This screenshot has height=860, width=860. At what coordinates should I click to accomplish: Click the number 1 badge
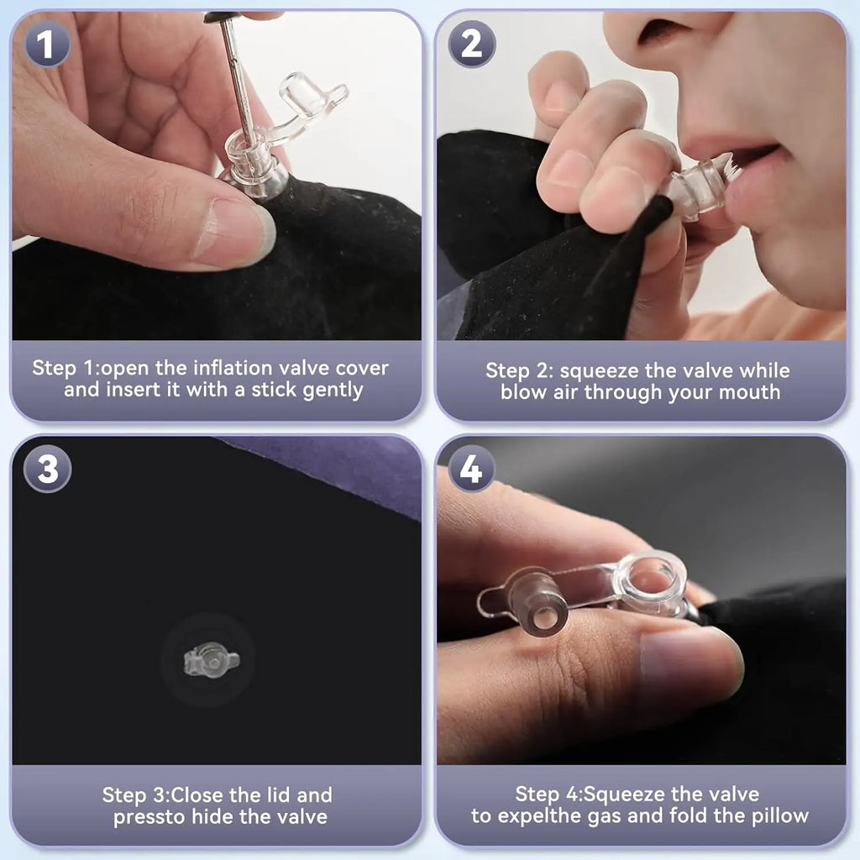pyautogui.click(x=47, y=44)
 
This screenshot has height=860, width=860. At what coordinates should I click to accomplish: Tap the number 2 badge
pyautogui.click(x=472, y=44)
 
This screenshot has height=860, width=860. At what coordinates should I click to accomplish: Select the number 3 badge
pyautogui.click(x=47, y=469)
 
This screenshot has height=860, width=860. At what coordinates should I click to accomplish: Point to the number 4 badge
pyautogui.click(x=472, y=469)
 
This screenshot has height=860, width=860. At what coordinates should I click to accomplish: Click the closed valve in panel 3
pyautogui.click(x=211, y=660)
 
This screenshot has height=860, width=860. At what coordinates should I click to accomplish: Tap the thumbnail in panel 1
pyautogui.click(x=236, y=229)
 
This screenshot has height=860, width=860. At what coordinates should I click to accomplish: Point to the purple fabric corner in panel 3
pyautogui.click(x=340, y=466)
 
